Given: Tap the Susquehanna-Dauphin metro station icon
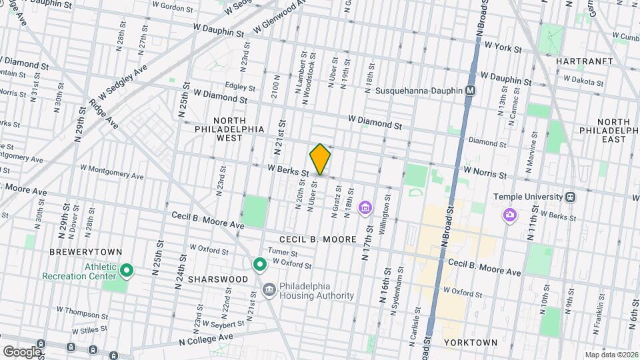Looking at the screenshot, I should (471, 91).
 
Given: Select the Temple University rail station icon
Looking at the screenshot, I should (570, 197).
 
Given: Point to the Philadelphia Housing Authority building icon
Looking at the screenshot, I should (269, 289).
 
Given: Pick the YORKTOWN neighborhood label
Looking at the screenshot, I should (470, 342).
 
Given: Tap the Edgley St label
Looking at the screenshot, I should (241, 85).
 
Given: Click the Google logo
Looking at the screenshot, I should (22, 351).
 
